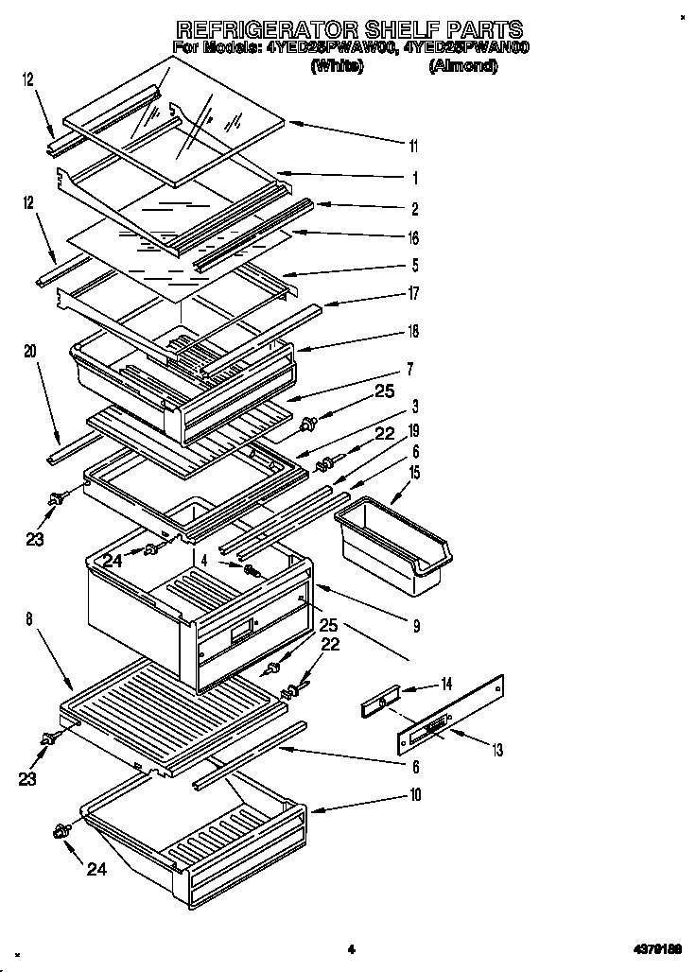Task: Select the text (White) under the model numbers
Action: click(337, 65)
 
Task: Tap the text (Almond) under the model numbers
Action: click(463, 65)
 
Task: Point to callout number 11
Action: click(412, 146)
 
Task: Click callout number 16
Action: click(412, 238)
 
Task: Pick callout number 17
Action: click(412, 294)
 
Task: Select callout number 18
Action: click(412, 331)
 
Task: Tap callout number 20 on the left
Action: click(30, 351)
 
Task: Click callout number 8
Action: click(29, 620)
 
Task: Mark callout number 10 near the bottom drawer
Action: click(415, 794)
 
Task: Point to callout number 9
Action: click(416, 625)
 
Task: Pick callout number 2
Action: click(414, 209)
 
